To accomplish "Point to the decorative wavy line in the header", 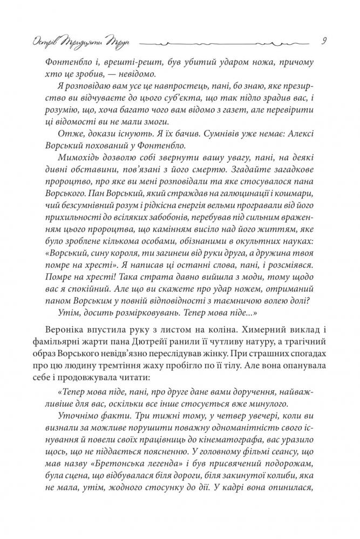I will pyautogui.click(x=227, y=42).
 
